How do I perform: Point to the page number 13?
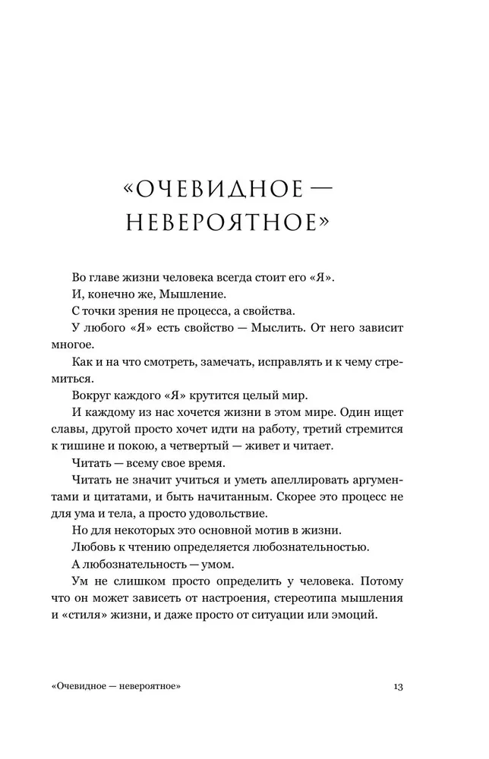tap(398, 687)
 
